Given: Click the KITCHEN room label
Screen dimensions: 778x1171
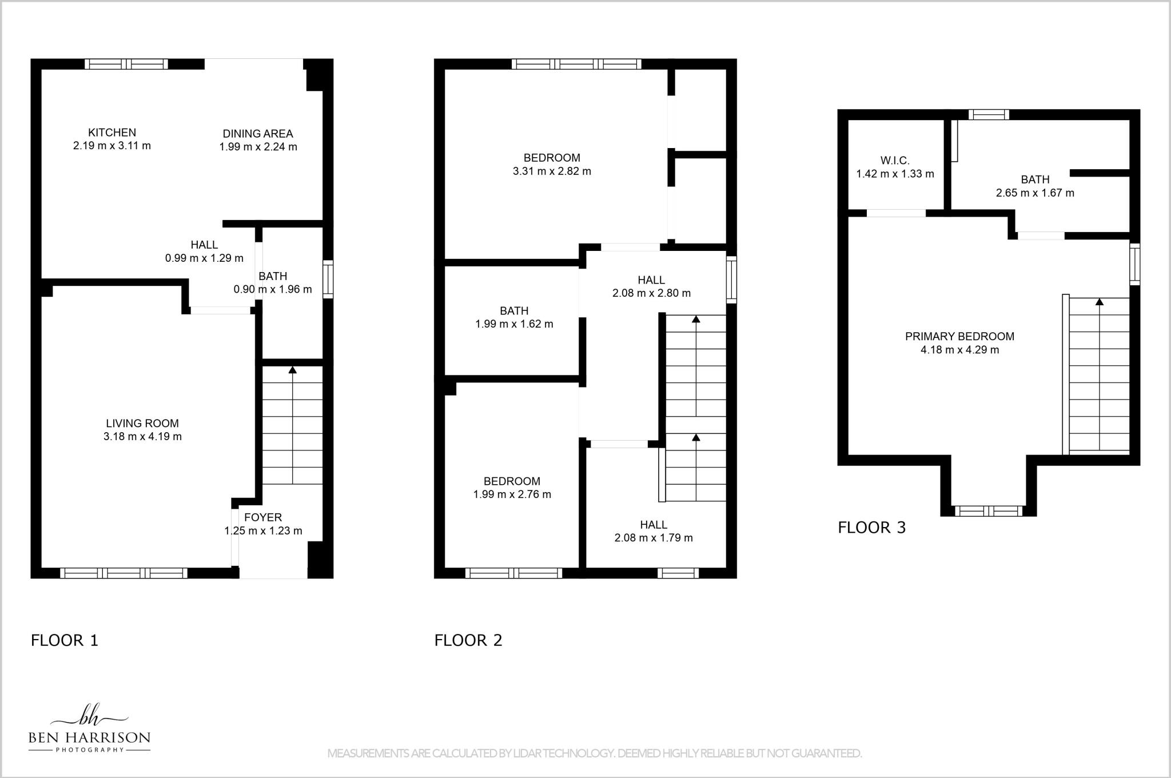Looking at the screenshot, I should (x=112, y=133).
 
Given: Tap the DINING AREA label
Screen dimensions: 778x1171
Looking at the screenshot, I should (x=258, y=134).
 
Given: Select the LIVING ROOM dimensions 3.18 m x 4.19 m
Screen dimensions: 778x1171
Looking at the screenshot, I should (x=142, y=437).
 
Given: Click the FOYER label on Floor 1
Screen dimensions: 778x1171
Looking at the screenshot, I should (x=263, y=517).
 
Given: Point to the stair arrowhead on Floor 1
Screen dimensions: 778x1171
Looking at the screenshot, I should (x=293, y=370).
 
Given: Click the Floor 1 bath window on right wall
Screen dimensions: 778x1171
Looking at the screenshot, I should (x=328, y=279).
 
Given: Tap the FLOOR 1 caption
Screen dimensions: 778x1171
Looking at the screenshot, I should (x=65, y=640).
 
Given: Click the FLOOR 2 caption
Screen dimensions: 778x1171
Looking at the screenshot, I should (x=468, y=640).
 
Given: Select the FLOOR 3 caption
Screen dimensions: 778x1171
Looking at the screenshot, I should (x=872, y=528).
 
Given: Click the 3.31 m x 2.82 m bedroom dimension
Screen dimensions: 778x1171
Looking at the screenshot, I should (x=552, y=171).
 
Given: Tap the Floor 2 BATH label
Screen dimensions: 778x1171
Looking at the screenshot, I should (x=514, y=311).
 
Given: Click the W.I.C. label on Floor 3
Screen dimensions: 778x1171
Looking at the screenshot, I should (x=895, y=161).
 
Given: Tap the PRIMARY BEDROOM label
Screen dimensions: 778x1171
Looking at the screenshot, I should (x=959, y=337).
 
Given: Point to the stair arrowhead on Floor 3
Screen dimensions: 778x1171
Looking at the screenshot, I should (x=1099, y=301).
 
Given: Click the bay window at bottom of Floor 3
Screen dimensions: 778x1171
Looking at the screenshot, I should (x=989, y=511).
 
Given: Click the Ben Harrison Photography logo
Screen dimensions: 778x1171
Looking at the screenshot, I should (x=89, y=729).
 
